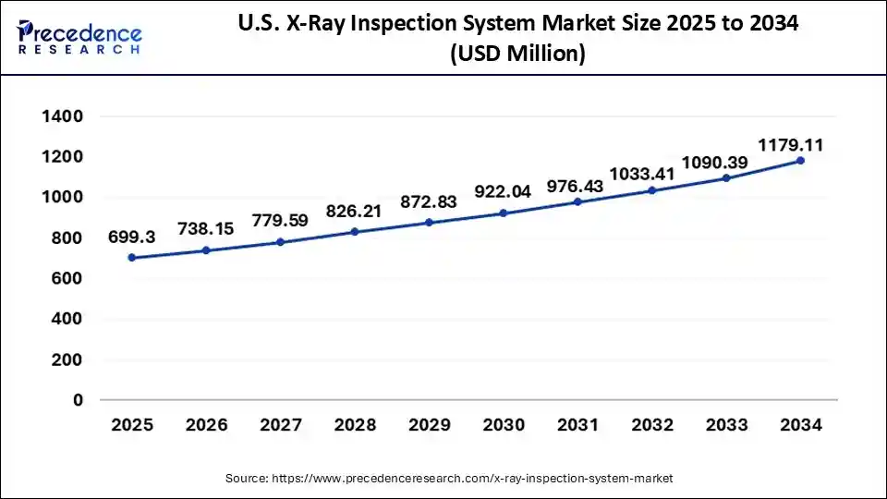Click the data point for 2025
[x=132, y=258]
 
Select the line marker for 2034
[x=800, y=161]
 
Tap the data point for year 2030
[x=504, y=213]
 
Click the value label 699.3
[x=132, y=237]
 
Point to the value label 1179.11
[x=791, y=145]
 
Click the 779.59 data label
[x=281, y=222]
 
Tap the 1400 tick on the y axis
[x=62, y=117]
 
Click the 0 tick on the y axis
[x=79, y=400]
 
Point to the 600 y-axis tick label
[x=67, y=278]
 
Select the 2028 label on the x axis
[x=355, y=425]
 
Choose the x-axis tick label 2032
[x=652, y=425]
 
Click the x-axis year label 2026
[x=206, y=425]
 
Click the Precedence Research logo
[x=79, y=37]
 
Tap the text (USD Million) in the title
[x=517, y=55]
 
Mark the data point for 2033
[x=726, y=177]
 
